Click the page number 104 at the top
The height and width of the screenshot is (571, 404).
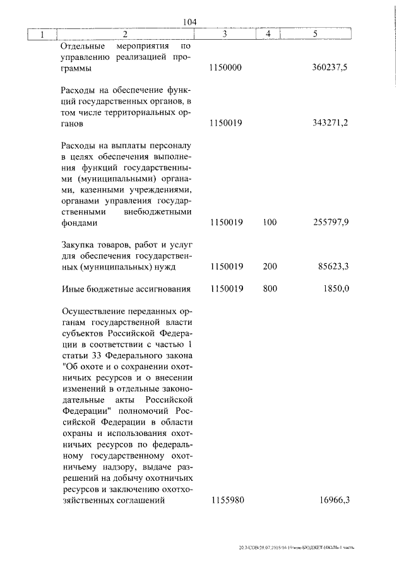click(190, 22)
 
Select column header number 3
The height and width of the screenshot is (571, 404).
click(225, 34)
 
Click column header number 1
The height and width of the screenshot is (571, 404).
click(42, 34)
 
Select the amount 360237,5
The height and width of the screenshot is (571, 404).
click(330, 68)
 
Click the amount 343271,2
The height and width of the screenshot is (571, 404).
click(330, 124)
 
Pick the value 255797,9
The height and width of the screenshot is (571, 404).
click(330, 223)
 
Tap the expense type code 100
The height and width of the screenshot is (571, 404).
click(270, 223)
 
